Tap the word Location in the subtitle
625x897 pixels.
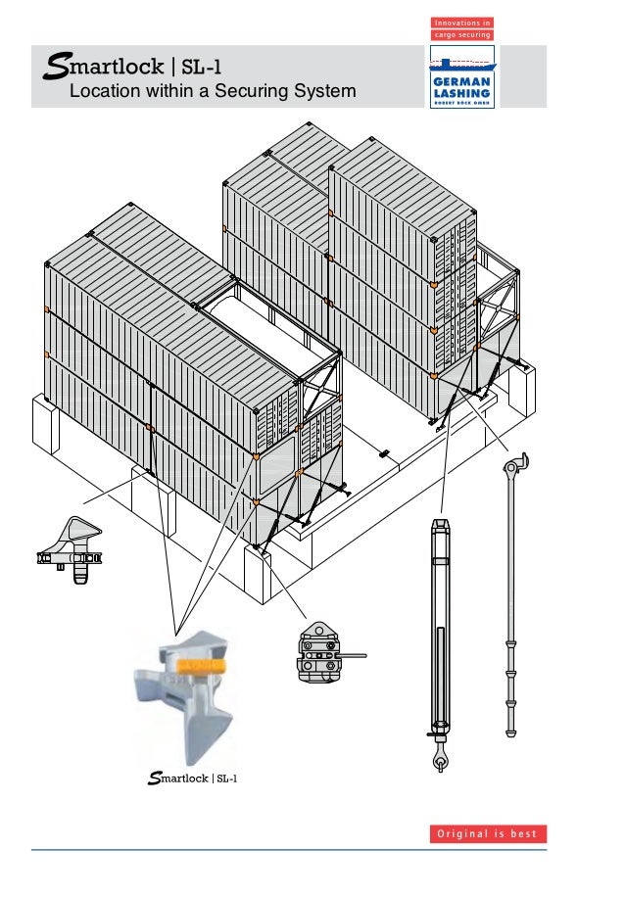point(102,93)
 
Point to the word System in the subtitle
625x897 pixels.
point(322,93)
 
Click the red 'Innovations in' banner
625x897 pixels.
point(462,23)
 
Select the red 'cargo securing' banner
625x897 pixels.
point(462,34)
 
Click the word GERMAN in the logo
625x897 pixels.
point(462,82)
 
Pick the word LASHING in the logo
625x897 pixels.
point(462,93)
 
